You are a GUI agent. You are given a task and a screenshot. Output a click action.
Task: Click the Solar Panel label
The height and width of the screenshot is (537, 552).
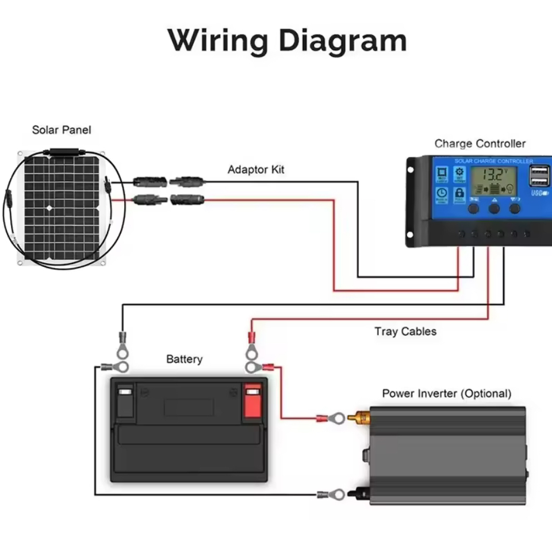click(62, 130)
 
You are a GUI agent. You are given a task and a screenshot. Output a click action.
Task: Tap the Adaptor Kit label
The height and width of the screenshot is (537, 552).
click(256, 170)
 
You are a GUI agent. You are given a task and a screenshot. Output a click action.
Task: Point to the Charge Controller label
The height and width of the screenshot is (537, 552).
click(480, 144)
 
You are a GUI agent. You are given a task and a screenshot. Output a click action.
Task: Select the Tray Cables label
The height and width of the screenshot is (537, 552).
click(405, 331)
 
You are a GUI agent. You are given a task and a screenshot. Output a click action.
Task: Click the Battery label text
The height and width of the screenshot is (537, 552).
click(184, 359)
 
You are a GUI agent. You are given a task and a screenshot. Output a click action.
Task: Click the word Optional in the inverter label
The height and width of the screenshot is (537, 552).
click(486, 394)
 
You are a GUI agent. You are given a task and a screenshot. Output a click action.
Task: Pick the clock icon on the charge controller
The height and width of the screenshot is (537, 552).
click(441, 193)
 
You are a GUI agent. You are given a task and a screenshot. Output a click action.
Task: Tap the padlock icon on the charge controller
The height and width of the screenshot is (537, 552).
click(459, 193)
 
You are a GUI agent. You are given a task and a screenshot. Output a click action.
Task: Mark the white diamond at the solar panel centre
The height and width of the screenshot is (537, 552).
click(49, 208)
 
